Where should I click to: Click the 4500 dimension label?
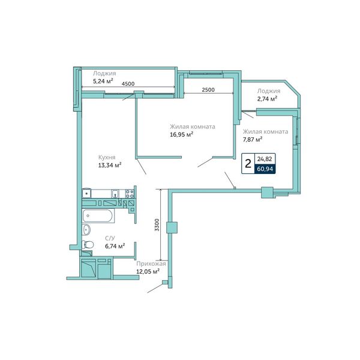click(x=128, y=84)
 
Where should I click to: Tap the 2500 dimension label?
click(x=208, y=90)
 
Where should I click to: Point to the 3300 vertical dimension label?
click(x=157, y=225)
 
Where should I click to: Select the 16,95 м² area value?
click(x=181, y=134)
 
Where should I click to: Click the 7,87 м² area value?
click(x=253, y=139)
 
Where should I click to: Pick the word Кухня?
click(x=107, y=157)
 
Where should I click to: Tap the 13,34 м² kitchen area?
click(x=110, y=165)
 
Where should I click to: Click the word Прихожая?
click(x=151, y=264)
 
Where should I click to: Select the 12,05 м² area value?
click(x=148, y=271)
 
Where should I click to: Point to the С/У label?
click(x=110, y=238)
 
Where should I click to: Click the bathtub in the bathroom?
click(x=98, y=216)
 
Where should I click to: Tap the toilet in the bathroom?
click(x=88, y=245)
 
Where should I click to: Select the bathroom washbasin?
click(x=86, y=229)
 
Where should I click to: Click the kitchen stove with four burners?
click(x=130, y=194)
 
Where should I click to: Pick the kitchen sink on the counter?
click(x=115, y=194)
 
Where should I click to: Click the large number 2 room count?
click(x=248, y=164)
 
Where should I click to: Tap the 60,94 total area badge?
click(x=265, y=169)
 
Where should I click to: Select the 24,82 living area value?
click(x=265, y=159)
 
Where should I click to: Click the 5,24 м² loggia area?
click(x=103, y=81)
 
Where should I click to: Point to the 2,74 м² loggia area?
click(x=267, y=99)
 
